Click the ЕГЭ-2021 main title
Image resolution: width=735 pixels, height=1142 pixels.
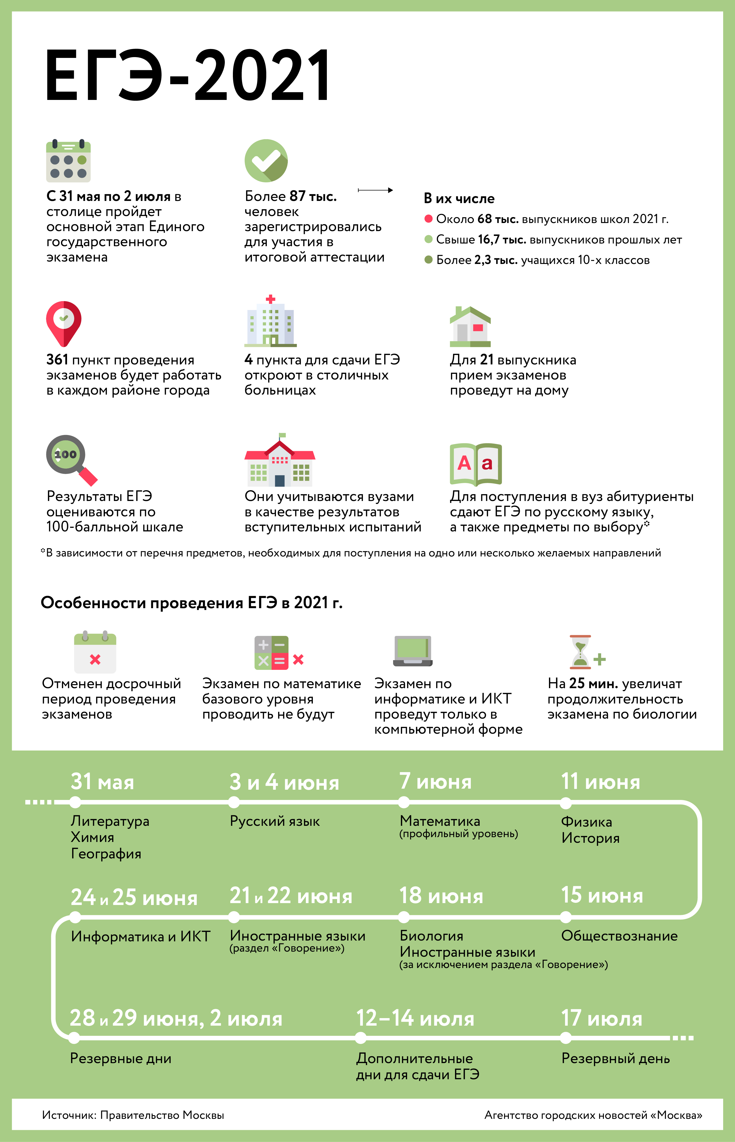click(x=187, y=75)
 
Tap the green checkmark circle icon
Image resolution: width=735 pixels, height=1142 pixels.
click(x=266, y=161)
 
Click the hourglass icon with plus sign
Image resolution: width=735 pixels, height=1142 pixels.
click(x=586, y=652)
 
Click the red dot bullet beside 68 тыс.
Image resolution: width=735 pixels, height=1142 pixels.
click(x=428, y=219)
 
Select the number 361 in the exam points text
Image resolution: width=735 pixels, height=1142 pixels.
click(x=57, y=360)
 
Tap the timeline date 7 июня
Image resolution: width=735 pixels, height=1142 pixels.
click(x=435, y=782)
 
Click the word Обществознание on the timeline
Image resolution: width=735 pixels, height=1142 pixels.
click(x=619, y=936)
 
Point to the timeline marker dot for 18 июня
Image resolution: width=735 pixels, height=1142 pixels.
click(x=404, y=917)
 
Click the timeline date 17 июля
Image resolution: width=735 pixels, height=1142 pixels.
click(x=601, y=1018)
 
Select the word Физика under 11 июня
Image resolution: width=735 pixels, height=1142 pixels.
click(x=586, y=822)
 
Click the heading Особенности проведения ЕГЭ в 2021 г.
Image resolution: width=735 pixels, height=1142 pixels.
click(x=191, y=603)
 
